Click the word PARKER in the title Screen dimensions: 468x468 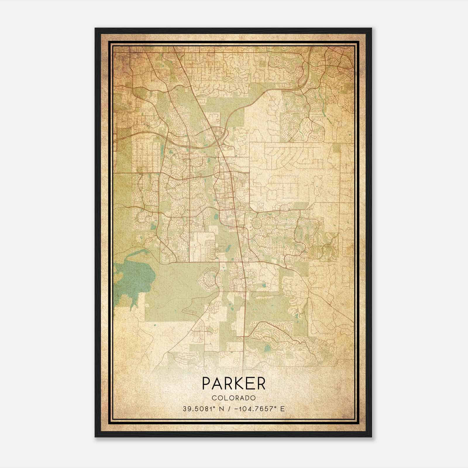(233, 384)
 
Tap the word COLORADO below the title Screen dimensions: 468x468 (234, 398)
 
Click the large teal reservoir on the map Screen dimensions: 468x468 (133, 275)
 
